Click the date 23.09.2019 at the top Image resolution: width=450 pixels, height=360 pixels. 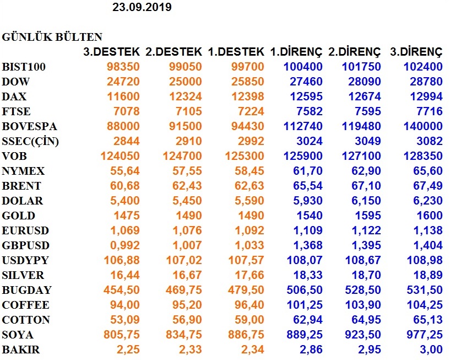(142, 7)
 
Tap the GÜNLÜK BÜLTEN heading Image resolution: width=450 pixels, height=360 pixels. (52, 37)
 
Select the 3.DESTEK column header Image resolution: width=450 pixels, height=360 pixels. (111, 52)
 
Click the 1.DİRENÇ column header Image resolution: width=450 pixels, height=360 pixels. (296, 52)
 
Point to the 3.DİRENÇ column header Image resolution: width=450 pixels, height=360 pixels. (416, 52)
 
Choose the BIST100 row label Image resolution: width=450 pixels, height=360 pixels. (24, 67)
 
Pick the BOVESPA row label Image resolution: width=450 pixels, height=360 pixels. (29, 126)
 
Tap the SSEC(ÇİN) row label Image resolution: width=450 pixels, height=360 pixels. (30, 141)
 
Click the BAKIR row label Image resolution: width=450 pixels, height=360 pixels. (21, 350)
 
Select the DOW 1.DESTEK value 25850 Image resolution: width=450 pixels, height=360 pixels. (248, 82)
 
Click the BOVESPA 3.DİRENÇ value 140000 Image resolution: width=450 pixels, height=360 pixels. (423, 126)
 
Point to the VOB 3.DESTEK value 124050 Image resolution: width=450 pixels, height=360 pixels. (120, 156)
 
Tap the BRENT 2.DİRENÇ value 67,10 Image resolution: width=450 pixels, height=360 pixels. (366, 186)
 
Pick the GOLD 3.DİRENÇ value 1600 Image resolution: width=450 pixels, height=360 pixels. (429, 216)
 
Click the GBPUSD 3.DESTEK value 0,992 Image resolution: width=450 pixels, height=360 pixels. (125, 246)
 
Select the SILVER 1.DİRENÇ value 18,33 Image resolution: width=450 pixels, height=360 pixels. (308, 275)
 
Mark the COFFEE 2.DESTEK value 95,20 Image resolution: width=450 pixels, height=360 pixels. (187, 305)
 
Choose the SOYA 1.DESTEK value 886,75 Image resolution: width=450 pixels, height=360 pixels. (246, 335)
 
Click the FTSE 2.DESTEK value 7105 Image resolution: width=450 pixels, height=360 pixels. (189, 111)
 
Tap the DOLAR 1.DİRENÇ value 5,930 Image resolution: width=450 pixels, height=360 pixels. (308, 201)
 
